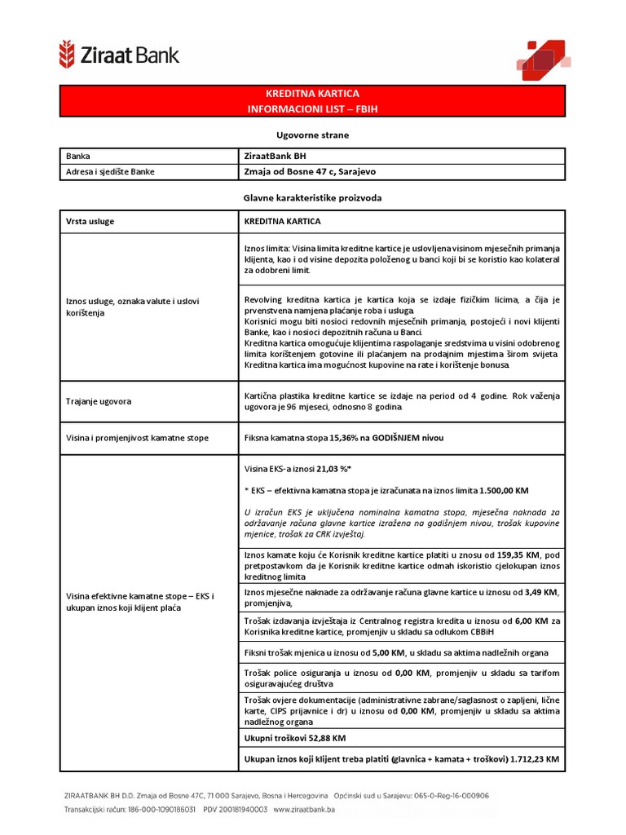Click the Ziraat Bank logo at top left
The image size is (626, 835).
[x=118, y=55]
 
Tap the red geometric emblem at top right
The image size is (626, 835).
[x=539, y=59]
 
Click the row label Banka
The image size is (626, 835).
[x=79, y=156]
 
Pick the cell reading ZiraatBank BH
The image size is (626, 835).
[x=276, y=156]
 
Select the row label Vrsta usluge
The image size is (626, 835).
[x=90, y=221]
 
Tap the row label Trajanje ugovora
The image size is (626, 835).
[x=99, y=401]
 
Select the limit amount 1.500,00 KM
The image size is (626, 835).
[x=501, y=492]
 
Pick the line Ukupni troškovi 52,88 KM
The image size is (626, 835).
[x=295, y=738]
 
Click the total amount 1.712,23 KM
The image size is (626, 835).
[x=534, y=759]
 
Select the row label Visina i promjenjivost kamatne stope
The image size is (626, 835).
[x=137, y=438]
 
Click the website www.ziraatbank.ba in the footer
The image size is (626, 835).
[x=304, y=810]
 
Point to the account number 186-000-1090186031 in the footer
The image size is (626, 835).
[x=155, y=810]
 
